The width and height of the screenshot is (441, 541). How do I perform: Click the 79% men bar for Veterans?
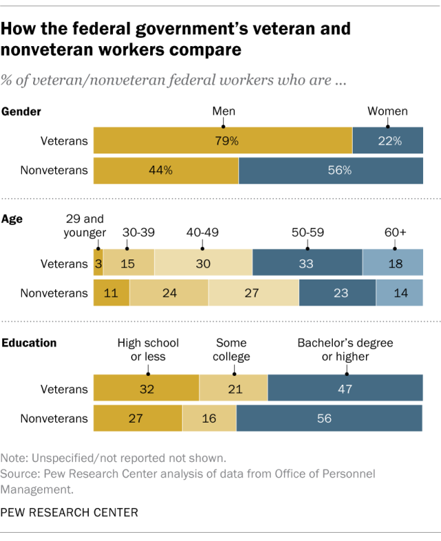[223, 141]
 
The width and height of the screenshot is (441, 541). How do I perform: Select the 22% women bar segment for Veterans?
[388, 141]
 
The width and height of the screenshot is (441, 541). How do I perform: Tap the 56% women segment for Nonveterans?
[331, 171]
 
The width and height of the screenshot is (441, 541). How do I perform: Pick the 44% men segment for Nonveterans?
[166, 171]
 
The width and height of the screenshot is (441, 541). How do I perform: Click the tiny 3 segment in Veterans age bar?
[98, 263]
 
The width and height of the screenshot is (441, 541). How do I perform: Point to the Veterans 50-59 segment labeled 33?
[307, 263]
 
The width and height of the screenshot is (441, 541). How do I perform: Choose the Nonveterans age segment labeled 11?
[111, 293]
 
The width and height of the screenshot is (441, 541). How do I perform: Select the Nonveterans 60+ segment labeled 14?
[400, 293]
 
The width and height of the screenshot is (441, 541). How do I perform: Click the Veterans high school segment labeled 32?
[146, 389]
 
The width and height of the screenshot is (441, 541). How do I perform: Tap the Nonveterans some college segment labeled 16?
[209, 418]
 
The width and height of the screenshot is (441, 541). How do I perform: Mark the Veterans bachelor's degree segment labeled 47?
[345, 389]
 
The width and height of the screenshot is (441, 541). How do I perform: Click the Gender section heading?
[23, 112]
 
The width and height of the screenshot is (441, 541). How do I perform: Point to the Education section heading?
[30, 343]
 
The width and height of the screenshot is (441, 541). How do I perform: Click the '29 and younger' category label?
[85, 225]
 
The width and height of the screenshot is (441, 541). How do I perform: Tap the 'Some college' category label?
[233, 350]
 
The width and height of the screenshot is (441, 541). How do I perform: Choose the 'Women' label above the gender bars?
[387, 112]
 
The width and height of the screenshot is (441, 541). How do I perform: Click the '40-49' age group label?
[202, 232]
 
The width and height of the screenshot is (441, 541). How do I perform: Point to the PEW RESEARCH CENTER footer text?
[70, 512]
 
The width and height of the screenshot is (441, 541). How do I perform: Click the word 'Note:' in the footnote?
[14, 458]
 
